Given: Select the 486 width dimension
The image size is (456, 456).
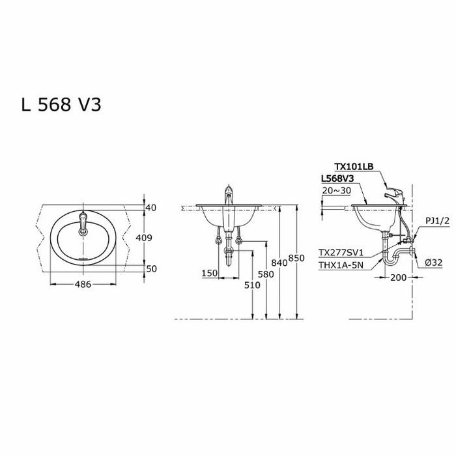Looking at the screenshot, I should coord(82,284).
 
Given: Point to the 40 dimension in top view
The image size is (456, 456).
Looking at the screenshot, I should coord(152,208).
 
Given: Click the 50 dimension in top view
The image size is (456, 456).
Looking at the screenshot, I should coord(152,268).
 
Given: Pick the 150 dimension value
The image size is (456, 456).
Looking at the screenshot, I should coord(209,274).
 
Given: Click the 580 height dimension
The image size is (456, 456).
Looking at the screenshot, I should coord(265,274).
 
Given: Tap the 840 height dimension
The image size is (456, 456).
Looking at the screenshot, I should coord(279,263).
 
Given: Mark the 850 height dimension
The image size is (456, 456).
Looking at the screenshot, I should coord(296,258).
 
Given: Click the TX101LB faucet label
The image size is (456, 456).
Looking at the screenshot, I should coord(354,166).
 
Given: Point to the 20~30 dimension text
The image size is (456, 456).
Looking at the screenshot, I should coord(336,190).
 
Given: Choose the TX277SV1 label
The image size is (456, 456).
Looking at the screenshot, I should coord(341,251).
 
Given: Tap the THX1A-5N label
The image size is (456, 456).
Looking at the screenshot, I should coord(341,264).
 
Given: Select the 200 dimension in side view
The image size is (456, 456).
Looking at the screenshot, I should coord(399,278).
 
